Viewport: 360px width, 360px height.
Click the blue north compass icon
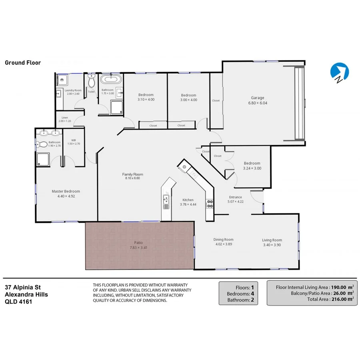(339, 72)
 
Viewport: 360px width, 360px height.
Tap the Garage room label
(258, 98)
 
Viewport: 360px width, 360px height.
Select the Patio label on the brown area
(138, 242)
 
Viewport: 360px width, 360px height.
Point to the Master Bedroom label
(66, 191)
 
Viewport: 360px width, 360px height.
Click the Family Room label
(132, 174)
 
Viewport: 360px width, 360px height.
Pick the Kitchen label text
(188, 200)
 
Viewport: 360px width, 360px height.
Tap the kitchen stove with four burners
(209, 204)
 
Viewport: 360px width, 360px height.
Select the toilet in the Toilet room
(91, 81)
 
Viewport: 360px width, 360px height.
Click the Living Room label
(272, 240)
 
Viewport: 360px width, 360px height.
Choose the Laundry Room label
(74, 90)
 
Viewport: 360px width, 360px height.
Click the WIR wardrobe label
(74, 140)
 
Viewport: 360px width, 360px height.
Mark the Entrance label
(235, 197)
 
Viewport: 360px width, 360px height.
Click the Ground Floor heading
(23, 63)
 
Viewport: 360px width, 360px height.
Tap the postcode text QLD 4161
(18, 302)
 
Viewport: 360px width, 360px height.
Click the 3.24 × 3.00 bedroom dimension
(252, 168)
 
